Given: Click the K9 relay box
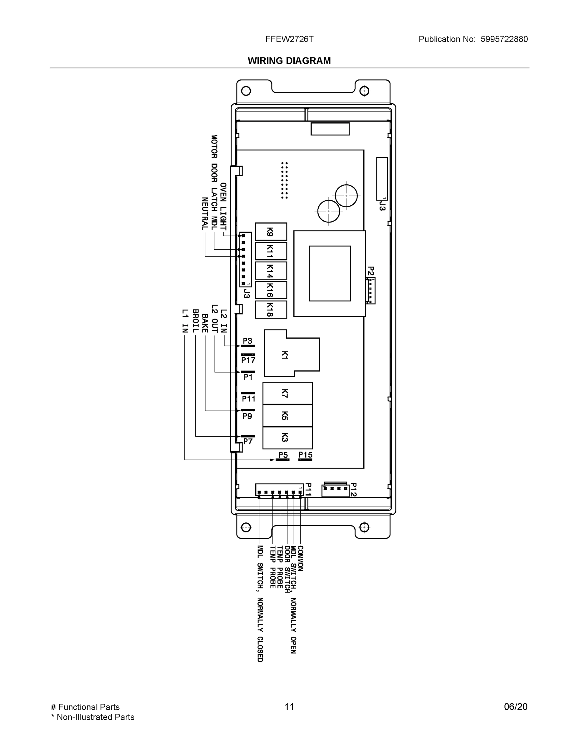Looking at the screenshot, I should [271, 232].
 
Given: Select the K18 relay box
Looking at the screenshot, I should [271, 310].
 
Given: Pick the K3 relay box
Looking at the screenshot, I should [287, 438].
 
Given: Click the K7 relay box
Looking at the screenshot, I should [287, 393].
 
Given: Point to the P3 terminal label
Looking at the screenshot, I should [247, 341].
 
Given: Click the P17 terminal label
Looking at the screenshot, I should [248, 360].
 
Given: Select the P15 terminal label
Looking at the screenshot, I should [305, 455].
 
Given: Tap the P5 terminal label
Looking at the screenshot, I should [283, 455].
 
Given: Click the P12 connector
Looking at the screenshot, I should [335, 490].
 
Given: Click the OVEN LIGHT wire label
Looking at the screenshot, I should [223, 207].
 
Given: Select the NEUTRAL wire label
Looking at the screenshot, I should [205, 214].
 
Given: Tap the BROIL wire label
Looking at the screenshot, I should [195, 321].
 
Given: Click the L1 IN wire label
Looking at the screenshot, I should [185, 321].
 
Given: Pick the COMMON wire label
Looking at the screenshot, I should [300, 559].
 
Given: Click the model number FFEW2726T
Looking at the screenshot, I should [289, 39].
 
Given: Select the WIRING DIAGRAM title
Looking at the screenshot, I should [289, 61].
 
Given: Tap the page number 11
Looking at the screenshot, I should [289, 707].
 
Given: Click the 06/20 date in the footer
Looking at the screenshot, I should [515, 707].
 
